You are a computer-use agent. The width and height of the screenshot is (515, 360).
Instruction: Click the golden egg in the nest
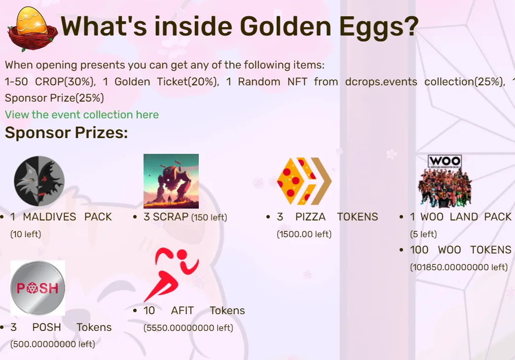point(32,21)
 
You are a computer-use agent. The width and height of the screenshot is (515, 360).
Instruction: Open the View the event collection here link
point(82,114)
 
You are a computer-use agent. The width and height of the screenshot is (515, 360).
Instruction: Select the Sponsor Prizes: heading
point(66,133)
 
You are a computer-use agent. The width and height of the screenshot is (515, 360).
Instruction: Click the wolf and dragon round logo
point(39,181)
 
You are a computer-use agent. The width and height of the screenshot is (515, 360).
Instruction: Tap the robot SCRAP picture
point(171,181)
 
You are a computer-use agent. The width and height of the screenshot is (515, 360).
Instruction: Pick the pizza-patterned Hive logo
point(304,181)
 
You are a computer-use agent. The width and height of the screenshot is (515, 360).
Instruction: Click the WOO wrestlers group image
point(445,181)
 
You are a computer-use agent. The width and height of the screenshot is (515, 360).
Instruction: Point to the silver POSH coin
point(38,288)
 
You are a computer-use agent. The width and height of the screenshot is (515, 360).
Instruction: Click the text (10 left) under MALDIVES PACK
point(26,234)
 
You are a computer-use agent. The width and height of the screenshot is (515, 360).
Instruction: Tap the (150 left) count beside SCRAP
point(209,217)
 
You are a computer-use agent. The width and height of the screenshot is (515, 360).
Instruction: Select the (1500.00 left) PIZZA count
point(304,234)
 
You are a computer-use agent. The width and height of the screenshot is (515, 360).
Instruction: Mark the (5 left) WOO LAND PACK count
point(423,234)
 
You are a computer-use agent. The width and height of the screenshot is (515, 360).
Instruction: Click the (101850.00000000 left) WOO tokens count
point(459,267)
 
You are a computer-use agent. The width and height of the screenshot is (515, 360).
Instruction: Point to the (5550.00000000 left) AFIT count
point(188,328)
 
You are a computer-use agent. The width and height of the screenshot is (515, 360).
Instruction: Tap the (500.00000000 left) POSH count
point(53,344)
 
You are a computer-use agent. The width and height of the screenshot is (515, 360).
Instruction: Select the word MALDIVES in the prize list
point(49,217)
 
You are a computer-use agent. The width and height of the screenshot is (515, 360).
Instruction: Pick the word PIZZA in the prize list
point(310,217)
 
